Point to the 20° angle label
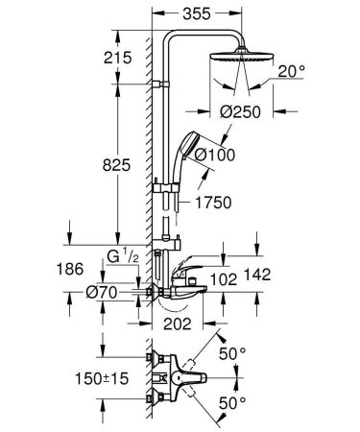(294, 71)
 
